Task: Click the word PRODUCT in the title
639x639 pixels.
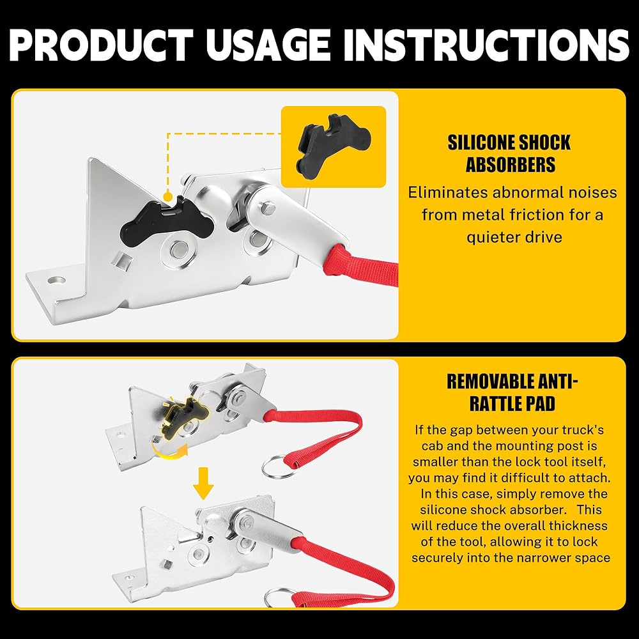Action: (101, 45)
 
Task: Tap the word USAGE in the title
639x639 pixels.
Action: (268, 45)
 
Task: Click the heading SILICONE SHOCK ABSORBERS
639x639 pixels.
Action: (509, 153)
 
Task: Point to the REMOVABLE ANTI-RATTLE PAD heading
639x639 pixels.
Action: (512, 392)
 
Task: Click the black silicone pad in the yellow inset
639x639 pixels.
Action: (334, 144)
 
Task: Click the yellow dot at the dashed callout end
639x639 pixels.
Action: (167, 197)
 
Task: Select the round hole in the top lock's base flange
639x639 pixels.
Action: (56, 281)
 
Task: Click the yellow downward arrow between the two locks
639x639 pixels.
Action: (203, 484)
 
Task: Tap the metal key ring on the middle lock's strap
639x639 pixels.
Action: (279, 466)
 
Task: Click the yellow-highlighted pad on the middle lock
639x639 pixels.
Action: (183, 417)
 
